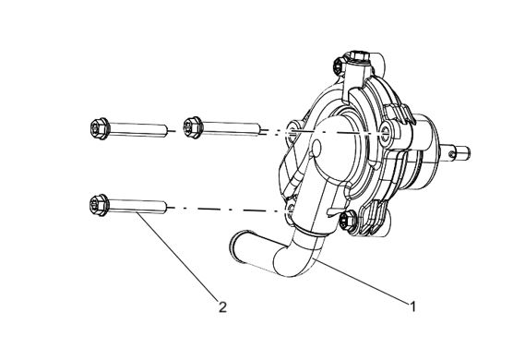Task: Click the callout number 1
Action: click(413, 306)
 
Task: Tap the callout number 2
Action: click(222, 306)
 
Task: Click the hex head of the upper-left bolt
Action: click(100, 128)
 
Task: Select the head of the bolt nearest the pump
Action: click(193, 127)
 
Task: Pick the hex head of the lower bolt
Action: click(100, 205)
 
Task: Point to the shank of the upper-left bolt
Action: click(138, 130)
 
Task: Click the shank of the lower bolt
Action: click(137, 206)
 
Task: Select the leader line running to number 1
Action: click(363, 281)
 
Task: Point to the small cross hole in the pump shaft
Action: click(452, 154)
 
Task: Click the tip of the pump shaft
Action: click(468, 152)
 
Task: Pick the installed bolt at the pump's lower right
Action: click(346, 221)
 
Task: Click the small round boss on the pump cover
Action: click(316, 148)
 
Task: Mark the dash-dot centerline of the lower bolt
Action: click(227, 210)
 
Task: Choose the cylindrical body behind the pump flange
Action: click(424, 152)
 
